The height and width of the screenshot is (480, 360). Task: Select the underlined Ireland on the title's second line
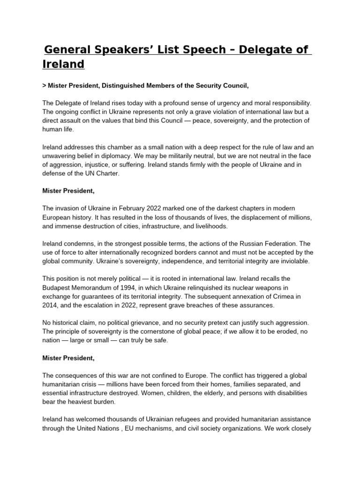point(63,64)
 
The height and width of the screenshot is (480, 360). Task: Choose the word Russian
point(246,243)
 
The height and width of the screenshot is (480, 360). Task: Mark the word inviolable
point(286,261)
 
